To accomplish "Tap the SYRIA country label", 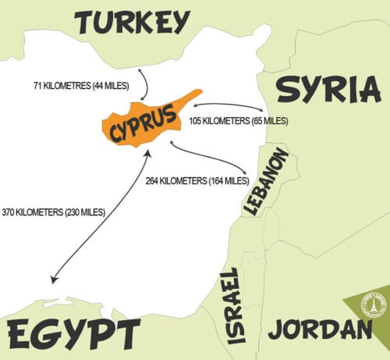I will click(328, 91).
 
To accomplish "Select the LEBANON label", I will click(266, 181).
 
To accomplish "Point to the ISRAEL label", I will click(233, 305).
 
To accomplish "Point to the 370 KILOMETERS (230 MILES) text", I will click(54, 212).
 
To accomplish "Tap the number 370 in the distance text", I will click(9, 212).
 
